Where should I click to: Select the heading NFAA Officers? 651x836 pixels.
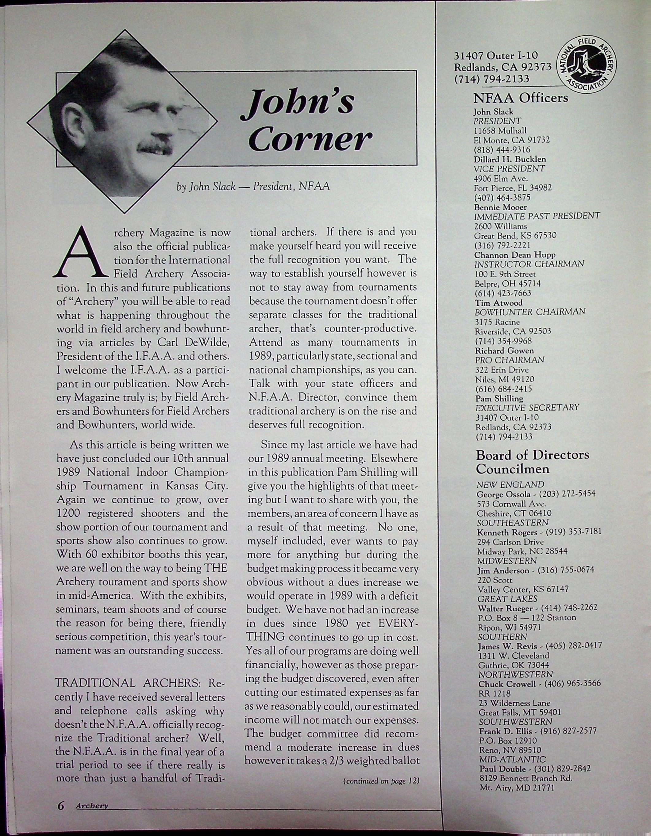(521, 99)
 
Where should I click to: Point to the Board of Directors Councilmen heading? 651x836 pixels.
(532, 462)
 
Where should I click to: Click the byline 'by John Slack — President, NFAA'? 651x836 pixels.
(252, 187)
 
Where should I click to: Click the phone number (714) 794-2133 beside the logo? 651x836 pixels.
(492, 79)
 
